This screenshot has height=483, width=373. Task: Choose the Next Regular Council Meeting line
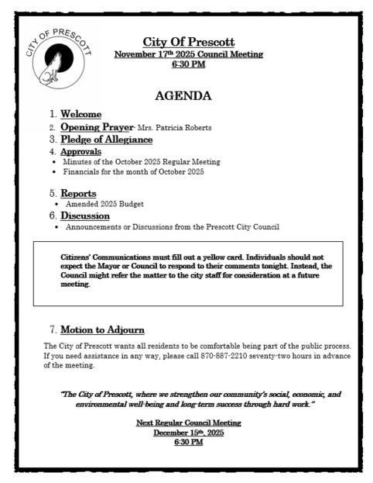click(188, 423)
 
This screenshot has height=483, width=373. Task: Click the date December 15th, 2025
click(188, 433)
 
